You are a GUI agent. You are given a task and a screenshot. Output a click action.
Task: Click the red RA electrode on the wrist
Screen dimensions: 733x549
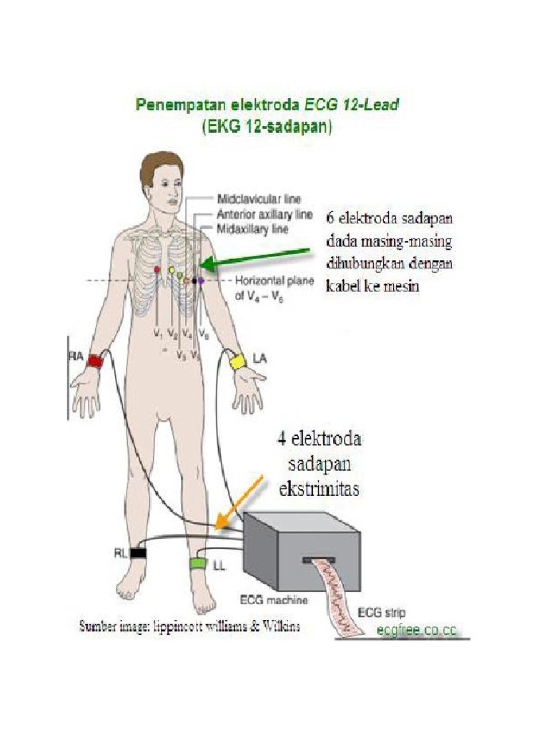tap(94, 361)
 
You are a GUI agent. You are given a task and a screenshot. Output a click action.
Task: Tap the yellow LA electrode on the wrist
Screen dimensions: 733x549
tap(237, 361)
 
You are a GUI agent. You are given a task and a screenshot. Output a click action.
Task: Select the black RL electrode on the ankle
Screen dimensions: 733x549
tap(138, 553)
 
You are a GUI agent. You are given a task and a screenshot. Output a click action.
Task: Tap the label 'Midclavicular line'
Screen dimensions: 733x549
tap(258, 198)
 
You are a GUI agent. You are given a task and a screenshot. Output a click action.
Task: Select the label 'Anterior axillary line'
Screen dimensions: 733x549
tap(263, 214)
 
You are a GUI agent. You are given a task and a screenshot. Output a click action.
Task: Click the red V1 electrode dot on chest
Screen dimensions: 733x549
tap(157, 269)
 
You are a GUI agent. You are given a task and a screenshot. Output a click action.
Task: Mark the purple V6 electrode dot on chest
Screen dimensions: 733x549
tap(202, 281)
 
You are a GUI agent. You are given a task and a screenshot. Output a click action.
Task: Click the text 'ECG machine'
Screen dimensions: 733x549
tap(271, 599)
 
